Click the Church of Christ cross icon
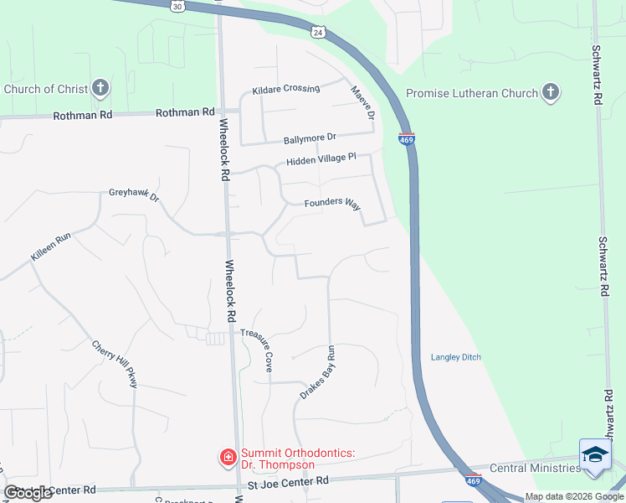(x=100, y=88)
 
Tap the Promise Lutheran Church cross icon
(x=551, y=92)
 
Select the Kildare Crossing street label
(x=286, y=89)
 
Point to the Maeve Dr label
(x=362, y=102)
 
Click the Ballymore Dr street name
(x=310, y=137)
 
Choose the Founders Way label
(x=332, y=204)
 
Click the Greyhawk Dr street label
(x=134, y=194)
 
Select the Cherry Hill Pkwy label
(x=115, y=363)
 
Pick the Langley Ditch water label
(x=455, y=357)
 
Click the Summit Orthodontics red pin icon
(x=227, y=457)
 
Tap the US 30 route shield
(x=177, y=6)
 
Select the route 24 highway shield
(x=316, y=33)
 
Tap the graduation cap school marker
(x=595, y=454)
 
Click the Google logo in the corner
(x=28, y=493)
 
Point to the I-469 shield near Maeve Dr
(x=405, y=141)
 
